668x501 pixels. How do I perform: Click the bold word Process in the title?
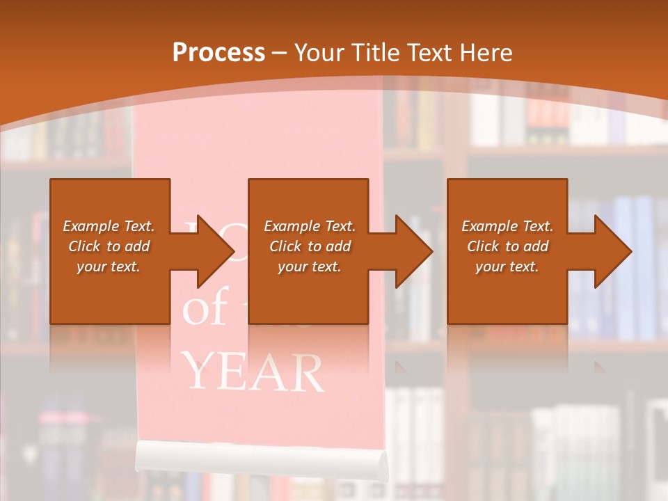pos(218,53)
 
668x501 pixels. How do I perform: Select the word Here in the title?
pos(487,53)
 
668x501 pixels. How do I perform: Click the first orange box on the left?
pos(110,209)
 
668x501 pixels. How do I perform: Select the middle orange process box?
pos(308,209)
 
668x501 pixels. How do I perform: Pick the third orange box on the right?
pos(507,209)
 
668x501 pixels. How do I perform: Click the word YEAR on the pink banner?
pos(255,372)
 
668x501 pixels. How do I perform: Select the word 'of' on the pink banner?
pos(205,311)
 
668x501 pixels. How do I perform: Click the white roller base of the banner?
pos(260,456)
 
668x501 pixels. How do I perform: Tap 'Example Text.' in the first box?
pos(109,226)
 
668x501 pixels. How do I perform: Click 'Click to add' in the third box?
pos(507,246)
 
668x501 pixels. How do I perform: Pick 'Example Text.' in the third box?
pos(507,226)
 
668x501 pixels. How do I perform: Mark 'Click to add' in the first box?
pos(109,246)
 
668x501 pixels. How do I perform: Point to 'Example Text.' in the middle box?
pos(310,226)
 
